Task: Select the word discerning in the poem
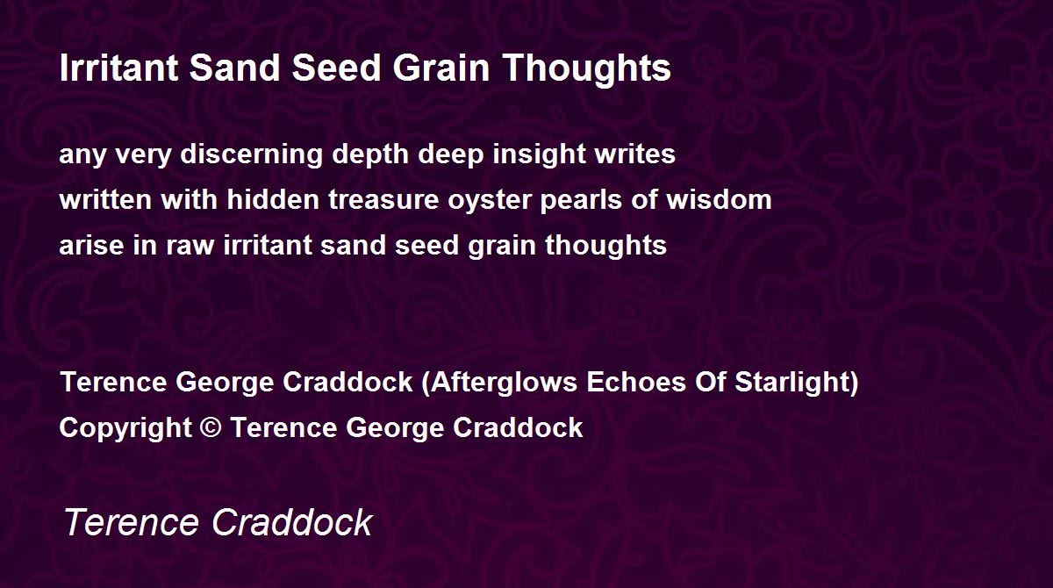tap(252, 155)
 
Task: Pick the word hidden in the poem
tap(273, 199)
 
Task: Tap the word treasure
tap(383, 201)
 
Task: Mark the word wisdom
tap(720, 199)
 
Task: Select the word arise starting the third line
tap(91, 245)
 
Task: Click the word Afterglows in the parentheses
tap(504, 383)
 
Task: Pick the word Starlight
tap(792, 383)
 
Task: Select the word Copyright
tap(125, 428)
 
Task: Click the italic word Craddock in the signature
tap(292, 522)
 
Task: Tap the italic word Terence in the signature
tap(131, 522)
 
